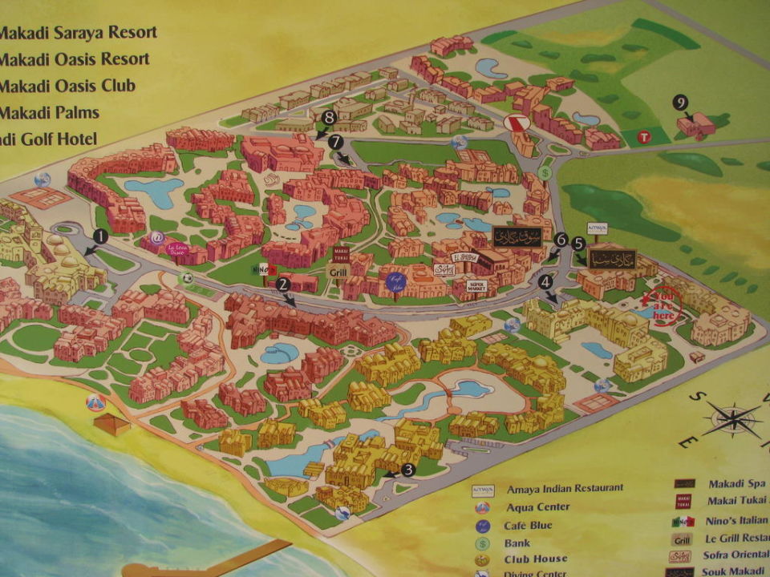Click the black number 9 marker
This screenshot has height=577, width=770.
pyautogui.click(x=680, y=103)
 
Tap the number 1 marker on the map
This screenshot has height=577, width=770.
pyautogui.click(x=100, y=236)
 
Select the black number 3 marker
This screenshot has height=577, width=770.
pyautogui.click(x=407, y=470)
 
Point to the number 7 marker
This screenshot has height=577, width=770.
pyautogui.click(x=335, y=141)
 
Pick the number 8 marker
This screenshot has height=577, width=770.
pyautogui.click(x=328, y=118)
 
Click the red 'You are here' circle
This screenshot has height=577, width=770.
pyautogui.click(x=663, y=307)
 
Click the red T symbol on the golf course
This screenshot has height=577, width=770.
pyautogui.click(x=642, y=137)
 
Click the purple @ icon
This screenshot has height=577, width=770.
pyautogui.click(x=157, y=236)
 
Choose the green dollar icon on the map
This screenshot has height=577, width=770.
pyautogui.click(x=545, y=171)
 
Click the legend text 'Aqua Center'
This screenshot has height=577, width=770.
pyautogui.click(x=538, y=507)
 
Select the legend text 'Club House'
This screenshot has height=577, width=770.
pyautogui.click(x=537, y=559)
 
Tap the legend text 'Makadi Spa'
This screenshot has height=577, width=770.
pyautogui.click(x=737, y=485)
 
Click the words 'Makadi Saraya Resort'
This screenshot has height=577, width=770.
pyautogui.click(x=78, y=33)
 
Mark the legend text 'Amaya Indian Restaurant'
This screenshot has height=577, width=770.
pyautogui.click(x=565, y=489)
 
